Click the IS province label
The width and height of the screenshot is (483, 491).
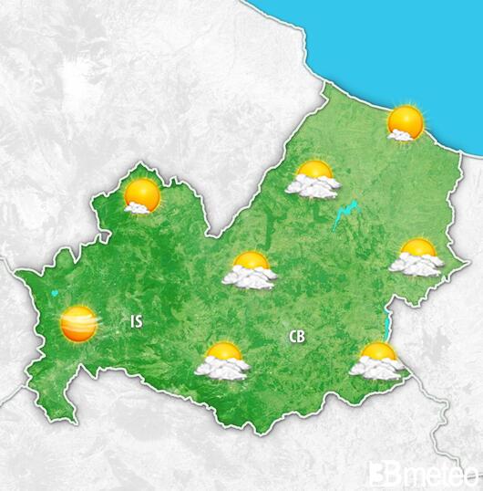coord(137,320)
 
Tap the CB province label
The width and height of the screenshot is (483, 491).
coord(296,337)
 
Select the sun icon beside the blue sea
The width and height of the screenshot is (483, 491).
coord(405,122)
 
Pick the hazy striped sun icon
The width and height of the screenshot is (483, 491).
coord(78,323)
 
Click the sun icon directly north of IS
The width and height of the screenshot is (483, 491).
coord(141,196)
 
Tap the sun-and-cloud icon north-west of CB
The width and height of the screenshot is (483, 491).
coord(251,271)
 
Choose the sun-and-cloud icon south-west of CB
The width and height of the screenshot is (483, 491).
coord(223,361)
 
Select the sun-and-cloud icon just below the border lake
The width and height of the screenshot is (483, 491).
coord(375,360)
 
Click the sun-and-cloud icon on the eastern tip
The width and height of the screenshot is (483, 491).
coord(416,257)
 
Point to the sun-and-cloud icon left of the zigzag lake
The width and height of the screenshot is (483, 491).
coord(313,179)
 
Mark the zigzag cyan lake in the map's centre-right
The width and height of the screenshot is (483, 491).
coord(345,215)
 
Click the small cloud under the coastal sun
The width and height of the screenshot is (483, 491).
coord(398,135)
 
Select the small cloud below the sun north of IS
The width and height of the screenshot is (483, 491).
coord(137,208)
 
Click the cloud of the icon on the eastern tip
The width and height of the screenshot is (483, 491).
coord(415,266)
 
